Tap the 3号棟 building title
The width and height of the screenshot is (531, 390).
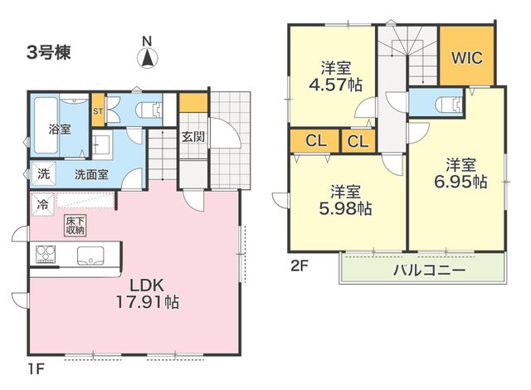[x=49, y=52]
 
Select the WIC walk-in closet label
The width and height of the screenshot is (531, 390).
[x=467, y=57]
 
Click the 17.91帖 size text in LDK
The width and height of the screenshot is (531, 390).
[x=148, y=302]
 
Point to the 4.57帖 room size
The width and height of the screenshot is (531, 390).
[x=335, y=85]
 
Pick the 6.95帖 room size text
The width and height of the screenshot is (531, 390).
[x=460, y=182]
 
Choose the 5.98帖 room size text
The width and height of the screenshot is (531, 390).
[x=345, y=208]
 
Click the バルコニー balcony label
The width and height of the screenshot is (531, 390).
[x=429, y=270]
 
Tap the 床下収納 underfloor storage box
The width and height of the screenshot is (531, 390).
[x=76, y=226]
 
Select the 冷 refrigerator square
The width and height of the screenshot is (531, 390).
[x=42, y=204]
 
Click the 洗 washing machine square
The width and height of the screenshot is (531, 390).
[x=43, y=173]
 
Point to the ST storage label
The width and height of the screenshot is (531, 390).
[x=98, y=110]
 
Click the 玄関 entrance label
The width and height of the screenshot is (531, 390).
[x=192, y=136]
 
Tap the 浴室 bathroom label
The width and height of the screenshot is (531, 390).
[x=60, y=129]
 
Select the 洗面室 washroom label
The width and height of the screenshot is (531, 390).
[x=91, y=174]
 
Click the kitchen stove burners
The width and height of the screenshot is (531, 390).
[x=46, y=254]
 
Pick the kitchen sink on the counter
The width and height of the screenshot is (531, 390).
[x=90, y=256]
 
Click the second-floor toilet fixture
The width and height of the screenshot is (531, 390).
[x=450, y=104]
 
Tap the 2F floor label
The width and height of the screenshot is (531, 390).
[x=300, y=266]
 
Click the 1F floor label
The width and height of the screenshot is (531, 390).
[x=36, y=369]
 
